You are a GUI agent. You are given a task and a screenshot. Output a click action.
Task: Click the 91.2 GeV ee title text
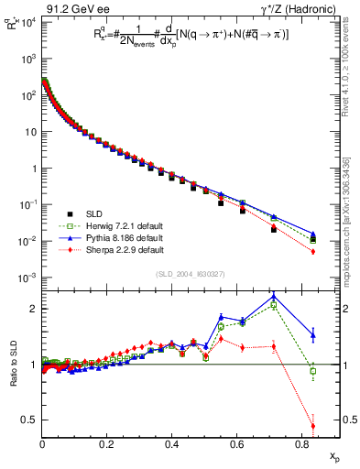click(x=70, y=9)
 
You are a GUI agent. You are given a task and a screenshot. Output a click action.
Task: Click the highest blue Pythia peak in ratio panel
click(x=274, y=295)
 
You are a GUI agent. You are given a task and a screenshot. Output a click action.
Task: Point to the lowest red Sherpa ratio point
click(x=313, y=425)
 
